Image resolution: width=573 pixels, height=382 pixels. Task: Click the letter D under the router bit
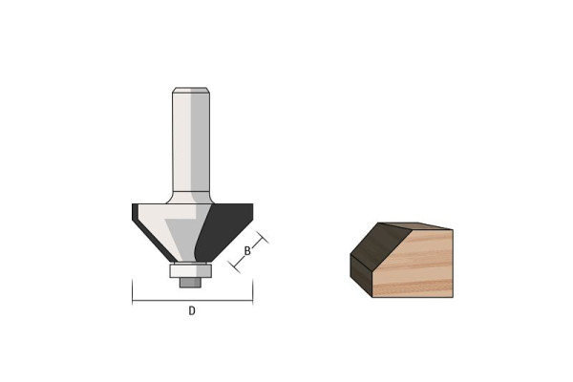(x=192, y=310)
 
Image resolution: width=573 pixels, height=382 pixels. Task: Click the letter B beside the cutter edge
(x=247, y=251)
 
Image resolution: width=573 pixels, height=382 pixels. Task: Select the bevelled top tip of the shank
(x=191, y=90)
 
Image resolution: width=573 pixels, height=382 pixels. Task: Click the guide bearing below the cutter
(x=190, y=270)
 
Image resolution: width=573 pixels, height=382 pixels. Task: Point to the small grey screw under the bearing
(x=190, y=283)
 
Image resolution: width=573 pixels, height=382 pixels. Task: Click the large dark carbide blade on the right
(x=223, y=230)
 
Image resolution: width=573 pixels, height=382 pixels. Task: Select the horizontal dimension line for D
(x=192, y=301)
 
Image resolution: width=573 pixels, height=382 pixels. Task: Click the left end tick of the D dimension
(x=133, y=291)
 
